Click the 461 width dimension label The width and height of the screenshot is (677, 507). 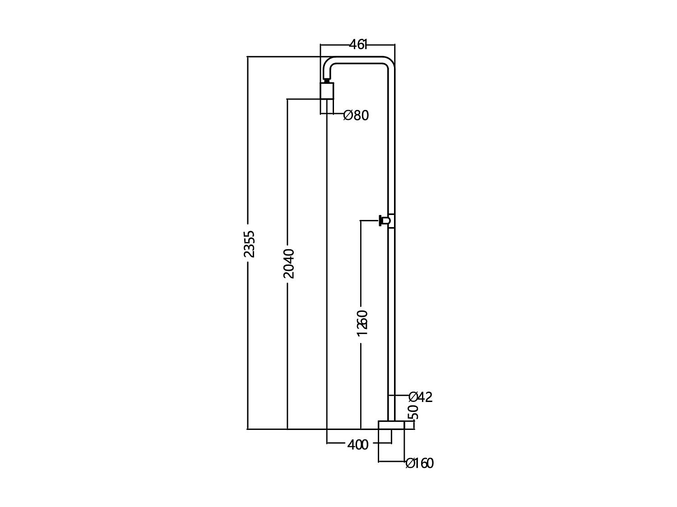(358, 45)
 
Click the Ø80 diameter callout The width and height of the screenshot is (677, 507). (356, 116)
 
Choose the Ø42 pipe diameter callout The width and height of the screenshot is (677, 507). (421, 397)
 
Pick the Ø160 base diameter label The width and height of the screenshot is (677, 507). (419, 463)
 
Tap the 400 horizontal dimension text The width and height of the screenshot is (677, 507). (358, 445)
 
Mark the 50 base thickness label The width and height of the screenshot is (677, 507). (413, 412)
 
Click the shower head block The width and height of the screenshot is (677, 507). (327, 91)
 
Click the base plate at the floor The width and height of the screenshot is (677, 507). (391, 425)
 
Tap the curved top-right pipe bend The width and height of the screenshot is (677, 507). (390, 63)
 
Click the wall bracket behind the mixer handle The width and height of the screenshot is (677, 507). (391, 221)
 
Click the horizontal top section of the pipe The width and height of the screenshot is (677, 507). (359, 59)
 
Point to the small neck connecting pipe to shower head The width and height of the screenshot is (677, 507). (326, 81)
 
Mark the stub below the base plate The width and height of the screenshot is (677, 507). (385, 436)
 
